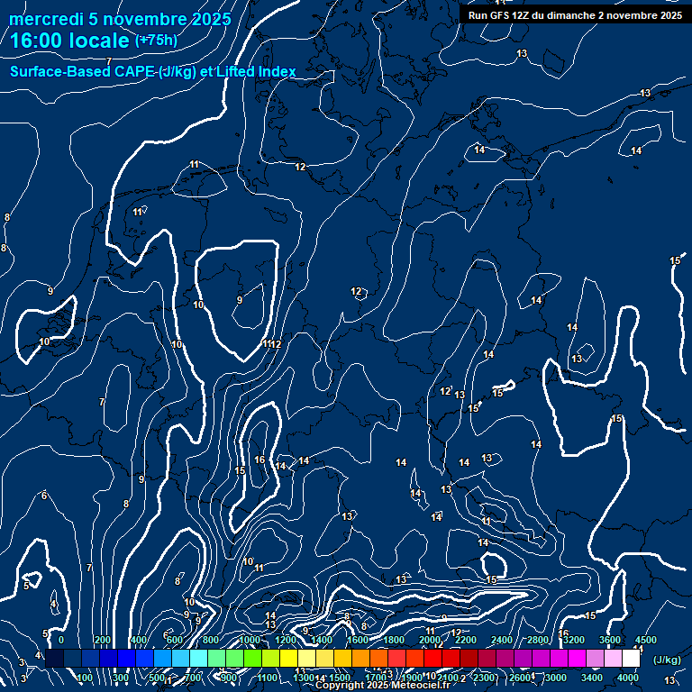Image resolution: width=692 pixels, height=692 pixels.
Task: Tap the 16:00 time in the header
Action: tap(36, 40)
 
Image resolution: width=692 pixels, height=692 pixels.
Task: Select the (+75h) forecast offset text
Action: tap(156, 41)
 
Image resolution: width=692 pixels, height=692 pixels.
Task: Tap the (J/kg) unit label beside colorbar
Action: tap(666, 660)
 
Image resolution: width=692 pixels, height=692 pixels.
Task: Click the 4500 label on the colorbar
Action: tap(646, 640)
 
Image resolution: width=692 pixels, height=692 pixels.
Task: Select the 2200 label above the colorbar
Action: tap(466, 640)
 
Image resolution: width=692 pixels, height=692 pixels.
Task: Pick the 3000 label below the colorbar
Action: tap(556, 678)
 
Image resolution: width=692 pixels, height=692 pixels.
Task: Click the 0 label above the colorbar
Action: tap(61, 640)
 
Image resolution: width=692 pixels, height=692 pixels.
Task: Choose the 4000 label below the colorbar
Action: tap(628, 678)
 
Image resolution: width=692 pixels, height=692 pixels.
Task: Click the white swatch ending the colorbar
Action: tap(631, 659)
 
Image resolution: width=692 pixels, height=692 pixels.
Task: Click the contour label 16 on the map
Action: tap(259, 460)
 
